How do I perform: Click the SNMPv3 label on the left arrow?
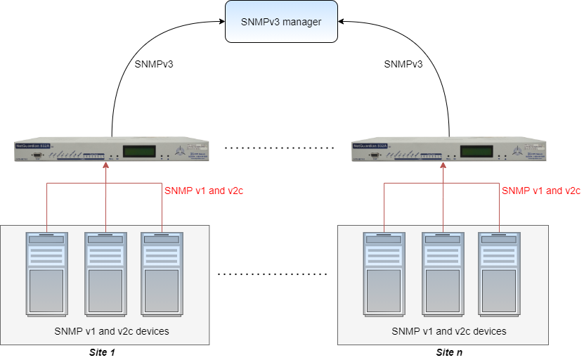pos(154,64)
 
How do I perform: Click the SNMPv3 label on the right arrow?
pos(403,64)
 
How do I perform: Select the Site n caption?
pos(450,352)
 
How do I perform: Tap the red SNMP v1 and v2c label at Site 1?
pos(204,191)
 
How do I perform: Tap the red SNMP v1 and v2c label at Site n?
pos(541,191)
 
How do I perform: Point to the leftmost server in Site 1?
pos(47,274)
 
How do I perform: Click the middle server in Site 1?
pos(105,274)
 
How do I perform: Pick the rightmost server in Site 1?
pos(162,274)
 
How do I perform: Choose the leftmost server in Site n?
pos(384,274)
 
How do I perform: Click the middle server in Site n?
pos(443,274)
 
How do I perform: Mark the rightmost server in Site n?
pos(499,274)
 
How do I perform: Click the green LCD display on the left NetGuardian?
pos(140,151)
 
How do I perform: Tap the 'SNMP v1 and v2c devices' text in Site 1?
pos(112,330)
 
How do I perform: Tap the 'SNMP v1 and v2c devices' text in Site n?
pos(449,330)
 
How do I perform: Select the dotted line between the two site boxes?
pos(273,273)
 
